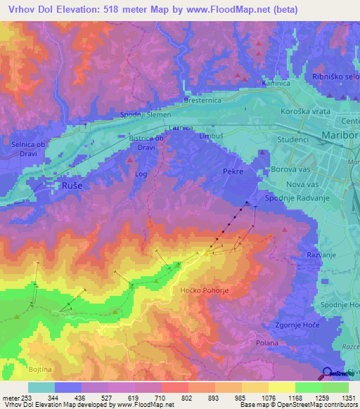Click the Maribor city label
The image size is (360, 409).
coord(340,134)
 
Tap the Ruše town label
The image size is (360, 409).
coord(64,186)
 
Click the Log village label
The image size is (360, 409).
coord(141,173)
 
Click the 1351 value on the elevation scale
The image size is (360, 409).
coord(348,397)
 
